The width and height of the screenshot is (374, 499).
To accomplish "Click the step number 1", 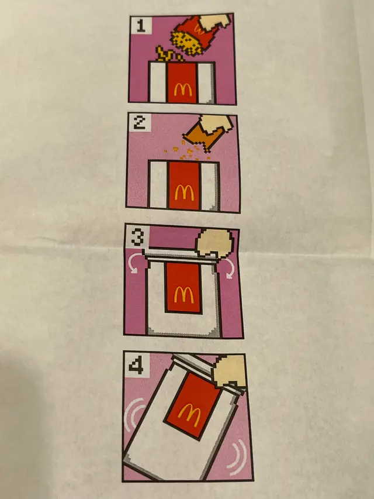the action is [x=141, y=26].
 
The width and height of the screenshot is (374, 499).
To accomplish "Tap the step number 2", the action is [x=139, y=123].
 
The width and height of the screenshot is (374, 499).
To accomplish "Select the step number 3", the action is [x=137, y=238].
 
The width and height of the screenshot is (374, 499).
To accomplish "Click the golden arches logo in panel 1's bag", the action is [x=183, y=90].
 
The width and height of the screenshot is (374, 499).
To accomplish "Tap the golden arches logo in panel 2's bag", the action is [x=184, y=192].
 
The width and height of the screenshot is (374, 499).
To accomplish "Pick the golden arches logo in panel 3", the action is [x=184, y=295].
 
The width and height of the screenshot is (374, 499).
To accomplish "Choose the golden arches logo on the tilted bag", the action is [x=189, y=415].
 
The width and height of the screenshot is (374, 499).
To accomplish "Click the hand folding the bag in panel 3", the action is [x=214, y=243].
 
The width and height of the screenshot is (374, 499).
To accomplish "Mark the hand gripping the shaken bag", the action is [x=230, y=371].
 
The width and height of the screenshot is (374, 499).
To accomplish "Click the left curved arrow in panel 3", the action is [x=134, y=266].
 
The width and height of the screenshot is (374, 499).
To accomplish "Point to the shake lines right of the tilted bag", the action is [x=239, y=457].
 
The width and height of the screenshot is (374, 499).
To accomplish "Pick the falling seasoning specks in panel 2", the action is [x=188, y=150].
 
